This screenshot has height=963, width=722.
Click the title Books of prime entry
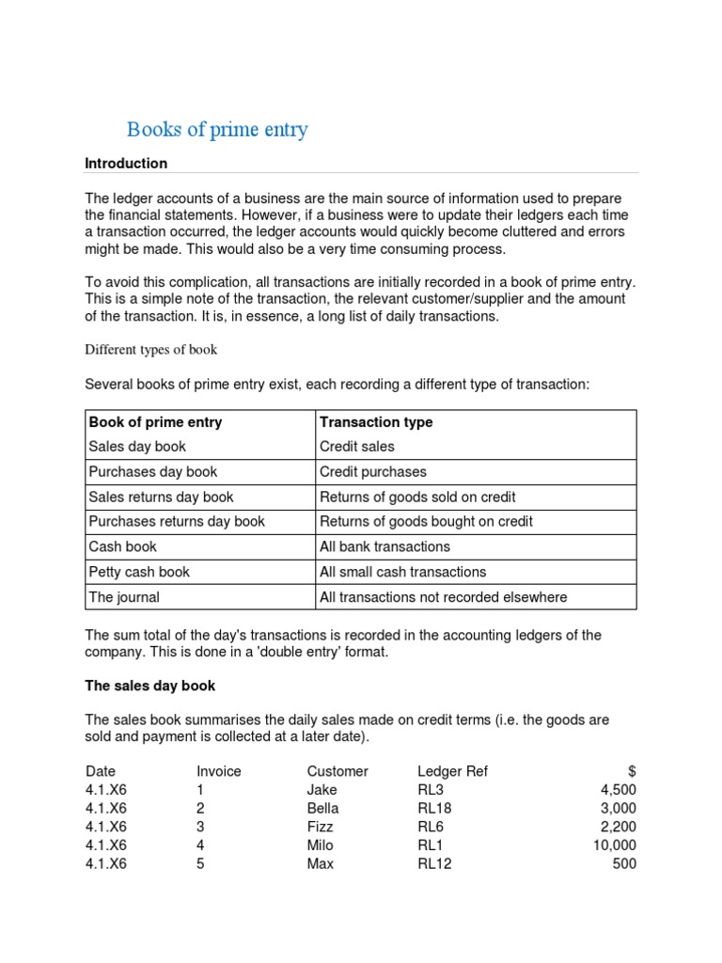[217, 130]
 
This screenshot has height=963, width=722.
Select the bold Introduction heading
[126, 164]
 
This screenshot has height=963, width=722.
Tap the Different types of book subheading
[151, 350]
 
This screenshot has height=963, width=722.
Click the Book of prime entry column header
[155, 422]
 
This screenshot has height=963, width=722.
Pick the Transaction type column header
[376, 422]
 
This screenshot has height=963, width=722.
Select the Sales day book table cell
[137, 447]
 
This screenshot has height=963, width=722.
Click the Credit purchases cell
[373, 472]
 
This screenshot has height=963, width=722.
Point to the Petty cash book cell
[139, 572]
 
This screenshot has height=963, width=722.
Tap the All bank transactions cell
[385, 546]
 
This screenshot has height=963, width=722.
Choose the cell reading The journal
[124, 597]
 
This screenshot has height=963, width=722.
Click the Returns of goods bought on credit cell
[426, 522]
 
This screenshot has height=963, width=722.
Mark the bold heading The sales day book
[150, 686]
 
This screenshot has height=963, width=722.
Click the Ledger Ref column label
[452, 771]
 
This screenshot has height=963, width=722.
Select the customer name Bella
[322, 808]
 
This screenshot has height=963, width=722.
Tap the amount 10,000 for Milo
[611, 845]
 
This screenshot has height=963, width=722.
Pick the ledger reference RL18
[434, 808]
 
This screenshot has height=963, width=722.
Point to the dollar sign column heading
[631, 771]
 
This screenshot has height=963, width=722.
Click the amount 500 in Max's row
[623, 863]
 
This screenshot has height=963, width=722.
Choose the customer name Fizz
[320, 827]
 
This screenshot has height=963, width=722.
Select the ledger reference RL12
[434, 863]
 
